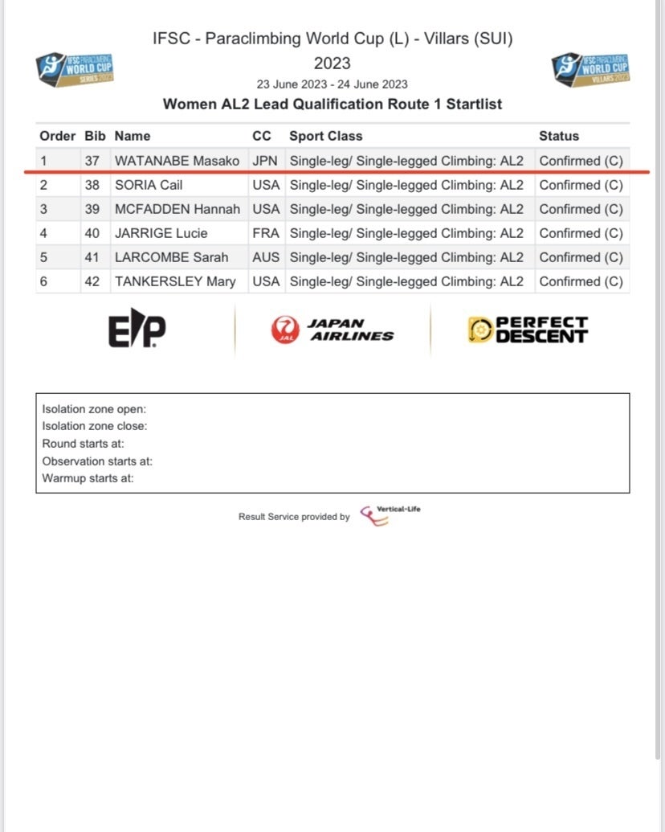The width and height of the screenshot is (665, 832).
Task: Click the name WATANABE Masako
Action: coord(177,161)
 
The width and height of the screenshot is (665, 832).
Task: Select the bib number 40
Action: coord(92,233)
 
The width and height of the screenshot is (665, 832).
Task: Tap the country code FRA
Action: coord(265,233)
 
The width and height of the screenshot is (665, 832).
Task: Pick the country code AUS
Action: coord(265,257)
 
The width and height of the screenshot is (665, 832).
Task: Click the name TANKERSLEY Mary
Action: coord(175,281)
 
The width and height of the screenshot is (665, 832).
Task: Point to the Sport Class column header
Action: coord(326,136)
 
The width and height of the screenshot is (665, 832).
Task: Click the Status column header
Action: coord(559,136)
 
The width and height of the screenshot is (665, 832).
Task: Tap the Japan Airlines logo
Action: coord(332,330)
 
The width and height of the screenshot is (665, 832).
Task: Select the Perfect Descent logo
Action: coord(528,330)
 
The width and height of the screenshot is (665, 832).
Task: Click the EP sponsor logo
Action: coord(137,330)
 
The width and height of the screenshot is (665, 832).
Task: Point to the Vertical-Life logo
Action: coord(390,514)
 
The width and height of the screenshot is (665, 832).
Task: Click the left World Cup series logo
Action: coord(75,68)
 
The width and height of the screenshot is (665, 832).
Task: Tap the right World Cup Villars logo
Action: coord(591,68)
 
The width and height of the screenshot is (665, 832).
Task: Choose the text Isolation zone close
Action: coord(95,426)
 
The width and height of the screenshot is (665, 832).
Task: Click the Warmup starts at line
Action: coord(88,478)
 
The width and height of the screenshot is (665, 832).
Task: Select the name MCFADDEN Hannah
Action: coord(177,209)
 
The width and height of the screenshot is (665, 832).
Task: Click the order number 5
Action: coord(44,257)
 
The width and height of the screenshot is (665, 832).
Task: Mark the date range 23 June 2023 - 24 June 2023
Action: coord(332,84)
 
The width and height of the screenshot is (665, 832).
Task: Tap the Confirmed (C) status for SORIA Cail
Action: coord(581,185)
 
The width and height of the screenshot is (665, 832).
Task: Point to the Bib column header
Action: coord(95,136)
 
